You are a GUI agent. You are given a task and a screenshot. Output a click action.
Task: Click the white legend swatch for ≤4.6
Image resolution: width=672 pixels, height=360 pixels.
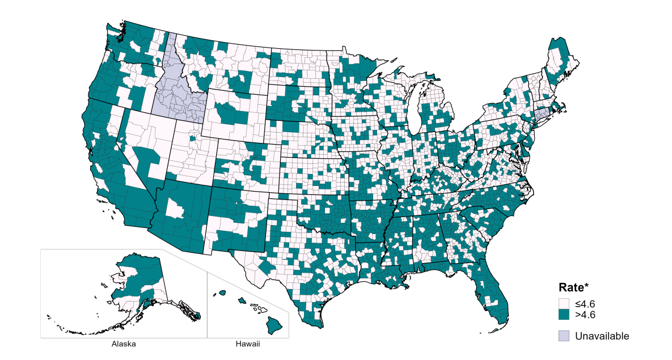564,304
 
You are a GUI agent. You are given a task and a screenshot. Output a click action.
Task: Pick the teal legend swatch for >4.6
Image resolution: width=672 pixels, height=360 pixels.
564,314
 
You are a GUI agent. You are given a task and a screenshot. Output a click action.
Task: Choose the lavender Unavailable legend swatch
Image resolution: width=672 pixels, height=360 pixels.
564,336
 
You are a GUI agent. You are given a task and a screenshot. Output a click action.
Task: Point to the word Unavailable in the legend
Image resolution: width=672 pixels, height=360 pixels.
602,336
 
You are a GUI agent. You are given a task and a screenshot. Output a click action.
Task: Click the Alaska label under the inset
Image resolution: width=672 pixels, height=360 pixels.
124,344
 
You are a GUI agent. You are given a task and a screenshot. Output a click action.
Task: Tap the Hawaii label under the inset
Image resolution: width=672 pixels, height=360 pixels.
247,344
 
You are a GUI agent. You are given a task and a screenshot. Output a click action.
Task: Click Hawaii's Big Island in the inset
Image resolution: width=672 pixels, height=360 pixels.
274,324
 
